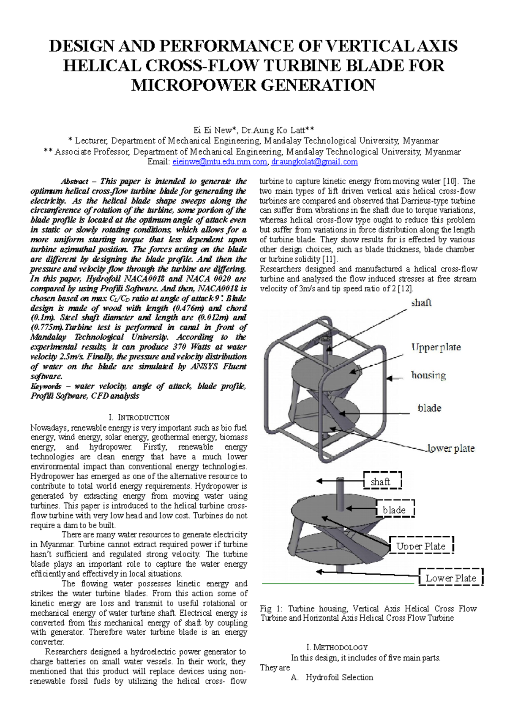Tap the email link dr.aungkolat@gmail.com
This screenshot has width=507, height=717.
(x=314, y=162)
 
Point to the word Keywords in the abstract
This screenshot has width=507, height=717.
(x=46, y=386)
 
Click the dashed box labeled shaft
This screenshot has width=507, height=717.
(x=382, y=481)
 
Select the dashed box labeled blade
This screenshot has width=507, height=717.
(x=395, y=510)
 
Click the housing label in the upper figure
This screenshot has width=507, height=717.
(x=428, y=375)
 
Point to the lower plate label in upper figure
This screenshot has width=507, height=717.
(x=451, y=448)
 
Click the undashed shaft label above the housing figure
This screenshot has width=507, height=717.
(x=421, y=303)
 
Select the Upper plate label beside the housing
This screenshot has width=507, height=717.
(x=436, y=348)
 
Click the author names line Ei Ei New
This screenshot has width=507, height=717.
(x=253, y=130)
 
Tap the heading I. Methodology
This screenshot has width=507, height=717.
(x=337, y=647)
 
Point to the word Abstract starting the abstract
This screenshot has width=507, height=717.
(x=74, y=182)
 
